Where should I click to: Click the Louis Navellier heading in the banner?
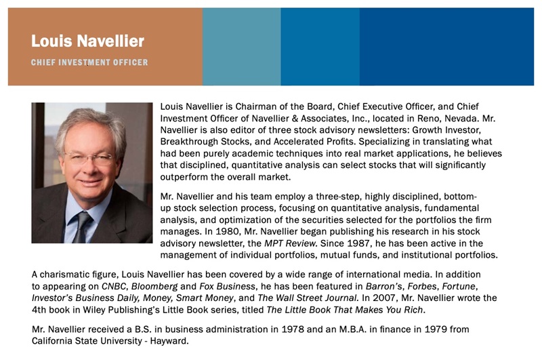87,41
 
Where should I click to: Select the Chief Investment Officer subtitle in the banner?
89,62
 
